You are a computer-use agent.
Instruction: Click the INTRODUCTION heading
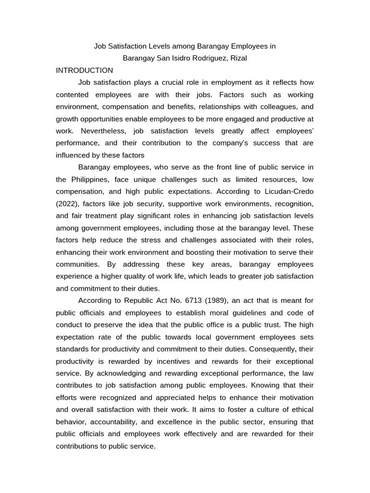pyautogui.click(x=84, y=70)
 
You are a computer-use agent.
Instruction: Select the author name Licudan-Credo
pyautogui.click(x=287, y=192)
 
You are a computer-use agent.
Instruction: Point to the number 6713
pyautogui.click(x=195, y=301)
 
